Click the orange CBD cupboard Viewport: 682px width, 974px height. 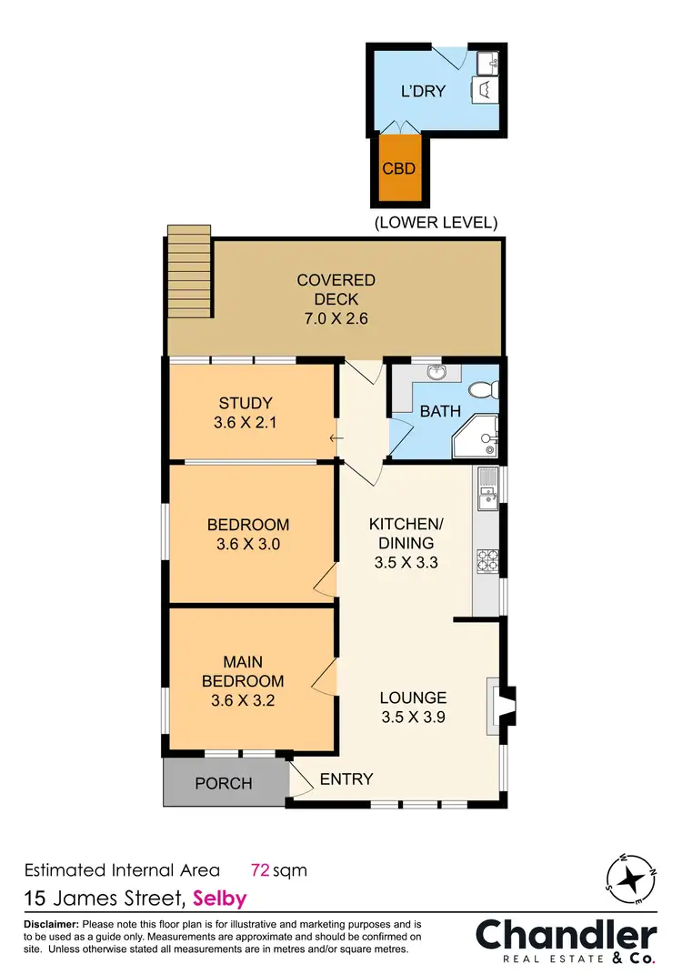399,168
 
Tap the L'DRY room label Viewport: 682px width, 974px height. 423,92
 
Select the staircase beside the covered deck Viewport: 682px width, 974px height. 188,272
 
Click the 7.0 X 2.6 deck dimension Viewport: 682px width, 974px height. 336,318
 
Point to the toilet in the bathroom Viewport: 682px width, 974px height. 490,387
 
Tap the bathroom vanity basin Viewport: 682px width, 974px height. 436,373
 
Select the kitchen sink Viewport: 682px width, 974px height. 486,486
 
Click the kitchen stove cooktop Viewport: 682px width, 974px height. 486,561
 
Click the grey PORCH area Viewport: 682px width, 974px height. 224,783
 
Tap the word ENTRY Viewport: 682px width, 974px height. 346,778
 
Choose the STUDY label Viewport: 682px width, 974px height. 246,403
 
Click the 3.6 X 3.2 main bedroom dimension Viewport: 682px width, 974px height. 243,700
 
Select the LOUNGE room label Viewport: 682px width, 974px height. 413,698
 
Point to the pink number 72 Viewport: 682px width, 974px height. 260,870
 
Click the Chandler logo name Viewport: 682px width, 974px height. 567,934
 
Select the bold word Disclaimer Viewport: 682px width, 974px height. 52,924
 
